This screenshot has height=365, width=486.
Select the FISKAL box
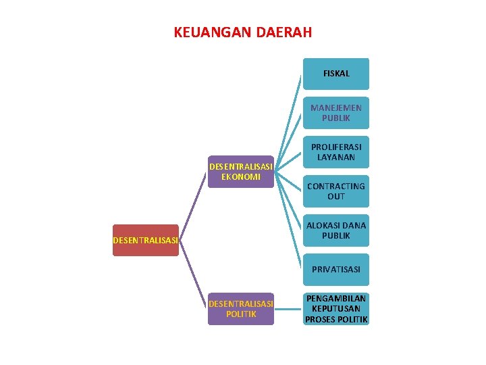[x=336, y=74]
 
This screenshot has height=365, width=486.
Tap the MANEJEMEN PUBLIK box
[x=336, y=113]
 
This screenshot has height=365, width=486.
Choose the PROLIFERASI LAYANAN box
[x=336, y=152]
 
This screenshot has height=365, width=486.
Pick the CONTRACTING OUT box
[x=336, y=191]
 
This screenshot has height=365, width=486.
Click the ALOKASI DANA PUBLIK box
[x=336, y=230]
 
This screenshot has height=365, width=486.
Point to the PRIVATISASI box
[x=336, y=269]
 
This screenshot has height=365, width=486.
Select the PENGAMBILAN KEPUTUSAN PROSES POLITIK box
[x=336, y=309]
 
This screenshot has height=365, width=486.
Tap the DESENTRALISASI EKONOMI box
[x=241, y=172]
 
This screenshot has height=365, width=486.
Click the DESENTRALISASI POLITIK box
[x=241, y=309]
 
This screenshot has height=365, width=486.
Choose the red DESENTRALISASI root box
[x=146, y=240]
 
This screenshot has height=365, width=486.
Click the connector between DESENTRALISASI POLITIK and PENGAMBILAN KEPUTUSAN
[x=288, y=310]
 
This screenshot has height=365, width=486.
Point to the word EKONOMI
[x=241, y=177]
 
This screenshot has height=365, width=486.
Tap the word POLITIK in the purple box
[x=241, y=314]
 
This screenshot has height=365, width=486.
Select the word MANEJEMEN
[x=336, y=107]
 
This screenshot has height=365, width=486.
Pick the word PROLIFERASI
[x=336, y=147]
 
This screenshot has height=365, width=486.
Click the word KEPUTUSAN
[x=336, y=309]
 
